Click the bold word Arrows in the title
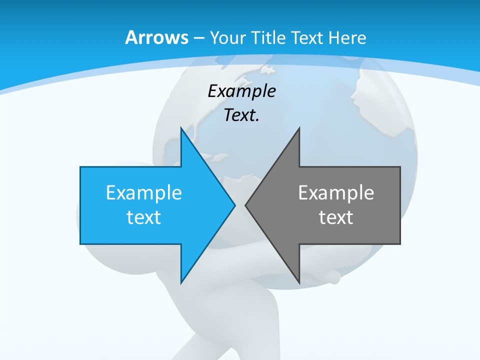tap(156, 37)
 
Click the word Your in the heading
tap(227, 37)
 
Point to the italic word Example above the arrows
tap(241, 91)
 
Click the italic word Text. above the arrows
tap(241, 115)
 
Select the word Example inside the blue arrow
tap(144, 192)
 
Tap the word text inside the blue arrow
tap(144, 217)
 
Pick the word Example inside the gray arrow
tap(336, 192)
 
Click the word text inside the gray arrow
tap(336, 217)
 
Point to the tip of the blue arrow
tap(235, 205)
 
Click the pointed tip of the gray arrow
tap(245, 205)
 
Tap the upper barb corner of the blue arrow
tap(181, 128)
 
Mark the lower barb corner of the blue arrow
tap(181, 283)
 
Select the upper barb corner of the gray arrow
tap(299, 128)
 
